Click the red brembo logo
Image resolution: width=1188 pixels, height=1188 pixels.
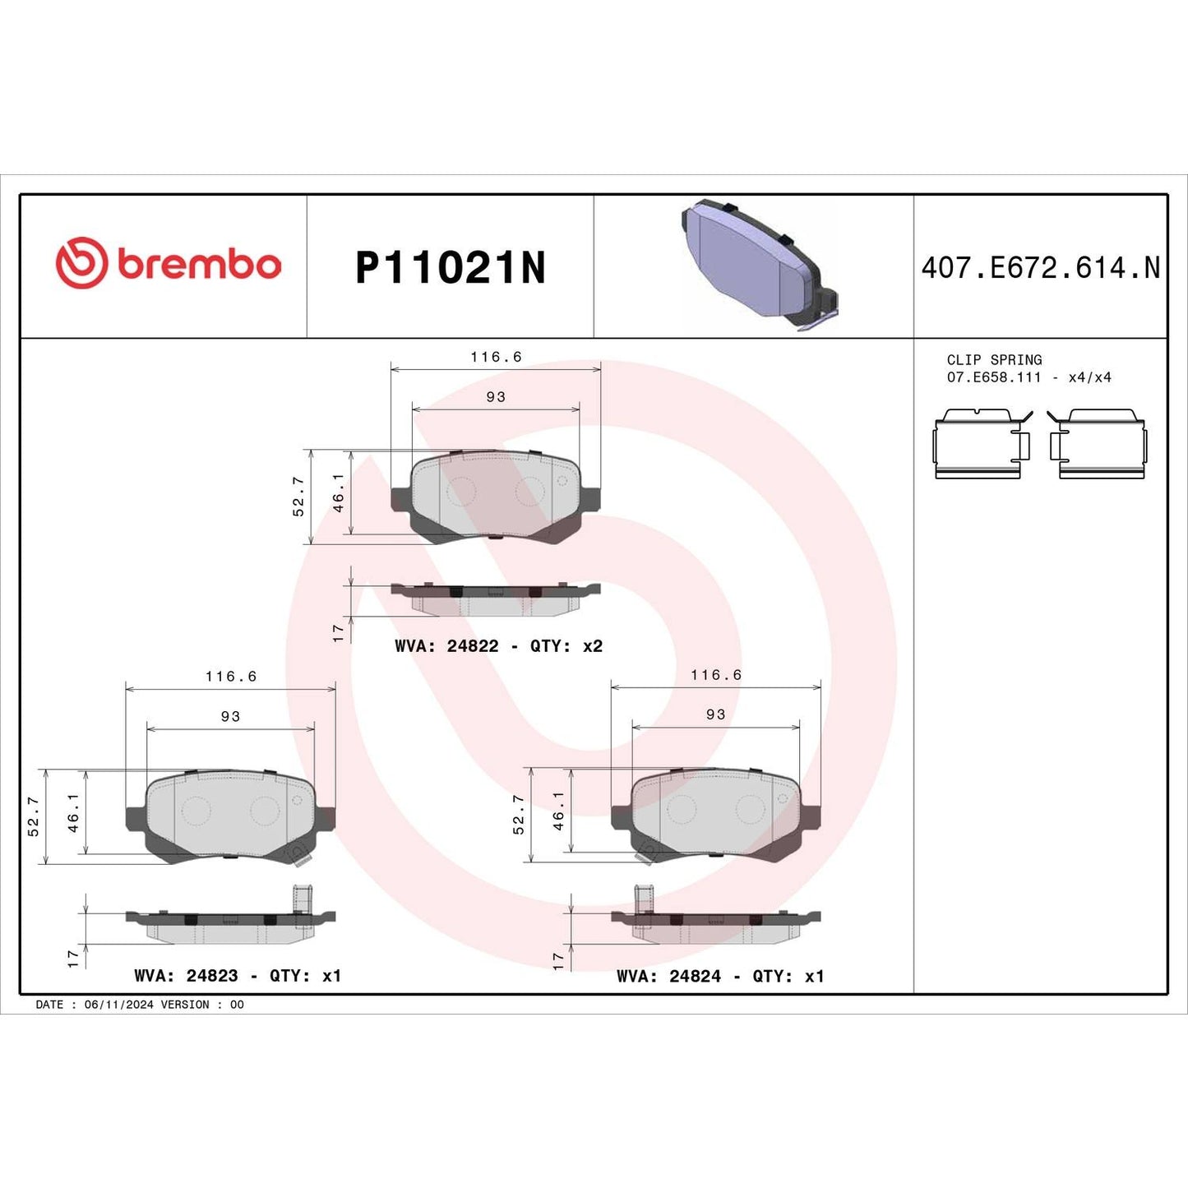click(x=169, y=264)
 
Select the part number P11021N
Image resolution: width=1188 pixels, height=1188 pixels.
click(x=450, y=268)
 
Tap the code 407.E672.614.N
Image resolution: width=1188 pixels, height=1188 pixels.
click(x=1040, y=268)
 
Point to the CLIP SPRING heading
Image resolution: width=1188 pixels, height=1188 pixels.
click(x=993, y=360)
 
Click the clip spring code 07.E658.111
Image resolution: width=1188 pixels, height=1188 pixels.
click(x=993, y=377)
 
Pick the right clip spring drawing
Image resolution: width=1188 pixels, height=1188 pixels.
click(x=1098, y=444)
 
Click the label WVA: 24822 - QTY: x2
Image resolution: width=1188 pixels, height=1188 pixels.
click(x=498, y=646)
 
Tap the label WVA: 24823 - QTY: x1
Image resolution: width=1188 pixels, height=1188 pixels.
click(x=237, y=976)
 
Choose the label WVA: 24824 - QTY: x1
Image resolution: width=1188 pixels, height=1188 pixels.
click(x=720, y=976)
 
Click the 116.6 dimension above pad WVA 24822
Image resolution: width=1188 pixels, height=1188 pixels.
click(x=496, y=357)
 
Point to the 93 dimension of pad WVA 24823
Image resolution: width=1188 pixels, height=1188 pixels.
click(x=230, y=717)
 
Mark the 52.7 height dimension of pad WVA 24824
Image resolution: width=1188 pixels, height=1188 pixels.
click(x=519, y=815)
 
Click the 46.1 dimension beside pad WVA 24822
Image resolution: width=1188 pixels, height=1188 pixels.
click(x=338, y=492)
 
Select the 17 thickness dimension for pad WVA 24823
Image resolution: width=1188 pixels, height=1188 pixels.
click(x=73, y=959)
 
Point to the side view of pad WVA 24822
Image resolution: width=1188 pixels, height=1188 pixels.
click(x=496, y=599)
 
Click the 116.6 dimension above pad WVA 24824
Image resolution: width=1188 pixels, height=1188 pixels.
click(x=716, y=675)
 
